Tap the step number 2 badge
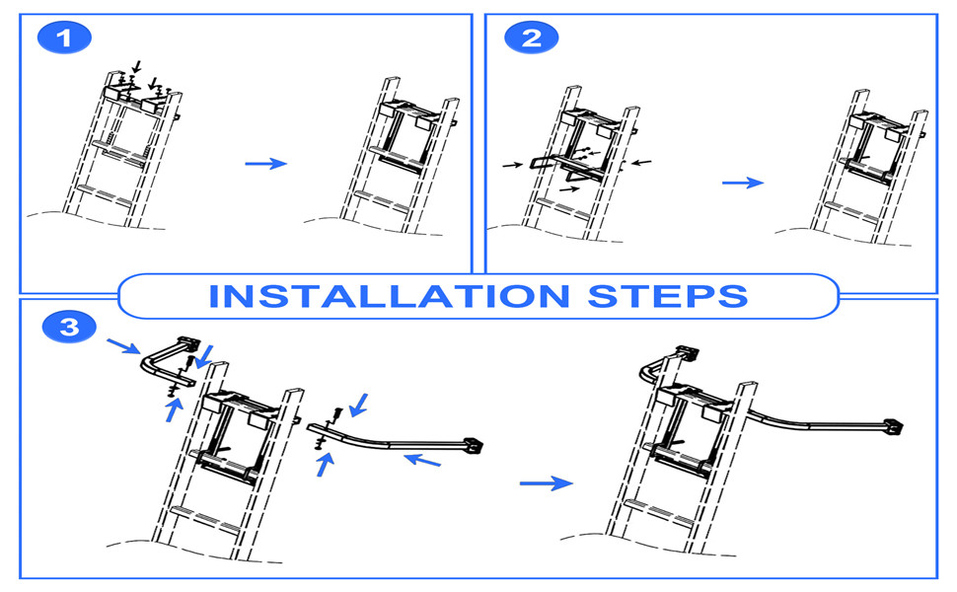tap(531, 38)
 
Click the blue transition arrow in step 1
tap(264, 163)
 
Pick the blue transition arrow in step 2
tap(742, 183)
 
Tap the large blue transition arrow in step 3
tap(545, 482)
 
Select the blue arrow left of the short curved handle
tap(123, 346)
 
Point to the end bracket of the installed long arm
tap(895, 426)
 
